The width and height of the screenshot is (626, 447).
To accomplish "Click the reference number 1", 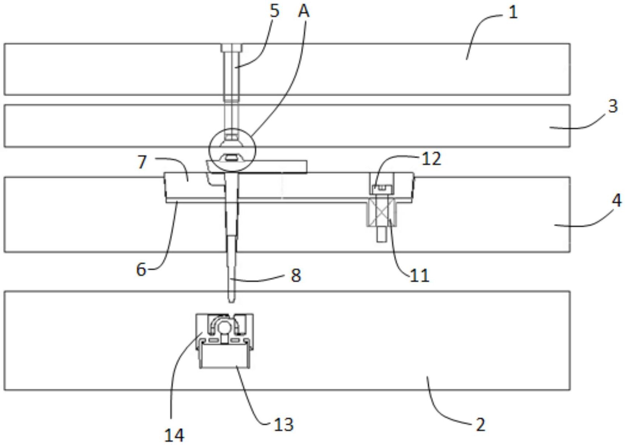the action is pos(513,13).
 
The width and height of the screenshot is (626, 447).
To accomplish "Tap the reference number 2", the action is pos(481,425).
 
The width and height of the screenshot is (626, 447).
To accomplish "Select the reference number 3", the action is pos(613,106).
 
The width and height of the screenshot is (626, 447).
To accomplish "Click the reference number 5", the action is pos(274,11).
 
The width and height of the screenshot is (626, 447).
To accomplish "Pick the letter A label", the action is pos(304,11).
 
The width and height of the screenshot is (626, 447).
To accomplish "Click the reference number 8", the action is pos(296,276).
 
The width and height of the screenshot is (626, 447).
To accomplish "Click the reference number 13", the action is pos(284,425).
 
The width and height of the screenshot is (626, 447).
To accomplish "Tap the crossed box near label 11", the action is pos(381,212).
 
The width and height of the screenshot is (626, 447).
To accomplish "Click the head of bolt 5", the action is pos(232,48).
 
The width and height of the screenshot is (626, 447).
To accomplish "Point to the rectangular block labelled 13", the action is pos(224,356).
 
